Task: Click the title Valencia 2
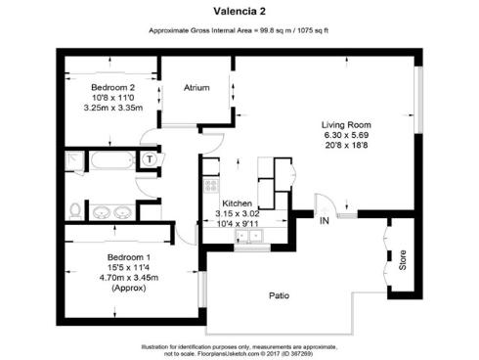[239, 12]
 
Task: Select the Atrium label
[197, 88]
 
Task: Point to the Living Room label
[347, 125]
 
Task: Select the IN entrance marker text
[324, 220]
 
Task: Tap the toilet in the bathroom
[75, 208]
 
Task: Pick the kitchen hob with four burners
[208, 185]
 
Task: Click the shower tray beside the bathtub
[74, 160]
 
